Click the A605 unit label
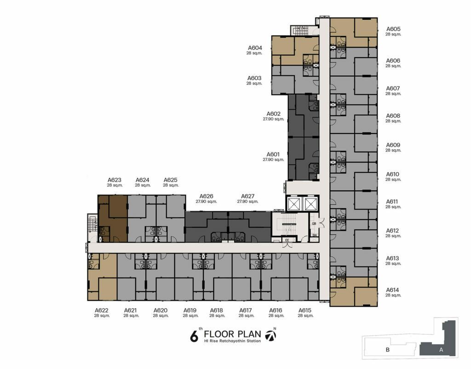(x=393, y=29)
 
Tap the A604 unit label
(x=255, y=48)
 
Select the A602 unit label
(x=273, y=114)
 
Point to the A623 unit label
(x=115, y=180)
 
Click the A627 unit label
(x=247, y=196)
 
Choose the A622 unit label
(x=102, y=311)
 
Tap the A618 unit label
(x=217, y=311)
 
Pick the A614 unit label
(x=393, y=290)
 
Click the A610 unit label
(x=393, y=174)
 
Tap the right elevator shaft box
(x=310, y=204)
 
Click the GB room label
(x=314, y=224)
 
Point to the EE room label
(x=287, y=240)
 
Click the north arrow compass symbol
(x=271, y=336)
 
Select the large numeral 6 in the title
(x=195, y=336)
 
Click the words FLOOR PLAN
(x=232, y=334)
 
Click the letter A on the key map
(x=441, y=350)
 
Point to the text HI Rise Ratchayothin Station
(x=232, y=341)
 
